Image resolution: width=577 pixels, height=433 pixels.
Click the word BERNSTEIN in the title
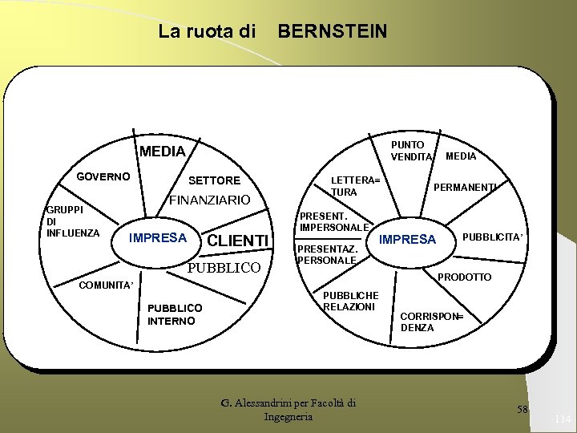[x=332, y=31]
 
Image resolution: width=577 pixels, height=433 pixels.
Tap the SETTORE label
[x=214, y=180]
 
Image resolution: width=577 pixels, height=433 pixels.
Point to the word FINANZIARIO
[x=209, y=200]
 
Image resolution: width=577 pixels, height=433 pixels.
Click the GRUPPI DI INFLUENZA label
[x=71, y=221]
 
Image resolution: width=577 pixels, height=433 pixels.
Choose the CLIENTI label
[x=237, y=241]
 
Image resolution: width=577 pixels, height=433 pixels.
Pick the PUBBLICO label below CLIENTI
[x=224, y=268]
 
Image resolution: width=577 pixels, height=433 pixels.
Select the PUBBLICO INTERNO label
[x=175, y=314]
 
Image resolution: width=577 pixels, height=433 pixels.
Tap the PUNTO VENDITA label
[x=411, y=151]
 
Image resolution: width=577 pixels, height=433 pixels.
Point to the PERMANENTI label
[x=466, y=187]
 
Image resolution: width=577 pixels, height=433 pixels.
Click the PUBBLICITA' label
[x=493, y=237]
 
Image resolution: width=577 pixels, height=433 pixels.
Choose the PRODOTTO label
[x=465, y=277]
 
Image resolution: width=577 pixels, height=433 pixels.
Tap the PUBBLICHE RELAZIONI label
[x=350, y=301]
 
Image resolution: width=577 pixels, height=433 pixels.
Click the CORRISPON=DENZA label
[x=431, y=322]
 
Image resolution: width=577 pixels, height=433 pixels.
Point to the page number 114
[x=561, y=419]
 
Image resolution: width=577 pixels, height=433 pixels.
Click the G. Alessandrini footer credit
[x=288, y=410]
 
